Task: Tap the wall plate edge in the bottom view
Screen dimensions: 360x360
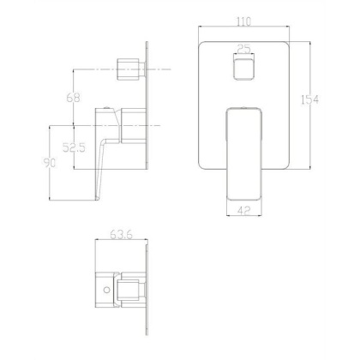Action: [x=153, y=291]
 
